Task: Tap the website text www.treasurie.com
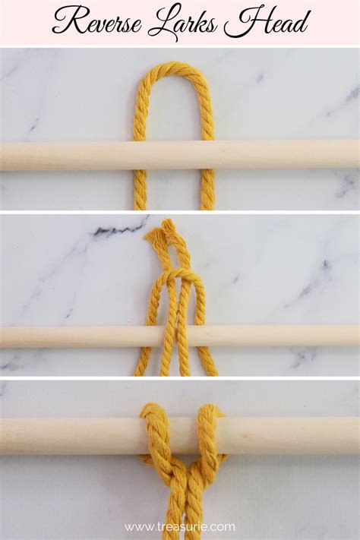click(x=180, y=526)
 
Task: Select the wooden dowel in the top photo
click(x=76, y=154)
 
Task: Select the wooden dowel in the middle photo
click(x=76, y=336)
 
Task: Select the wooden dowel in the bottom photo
click(x=76, y=436)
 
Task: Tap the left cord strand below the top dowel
click(x=141, y=190)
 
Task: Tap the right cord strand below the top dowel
click(x=207, y=190)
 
